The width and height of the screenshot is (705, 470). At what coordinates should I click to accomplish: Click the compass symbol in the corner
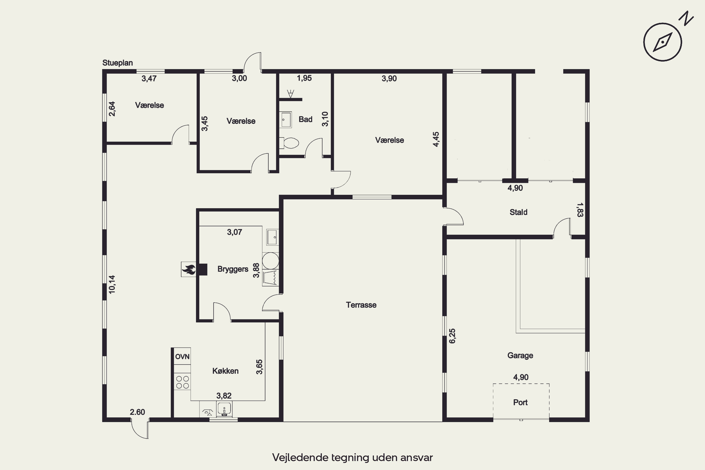[x=662, y=42]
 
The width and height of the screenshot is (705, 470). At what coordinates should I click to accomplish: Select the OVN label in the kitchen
[x=182, y=357]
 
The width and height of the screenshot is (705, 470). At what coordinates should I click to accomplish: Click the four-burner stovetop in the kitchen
[x=183, y=382]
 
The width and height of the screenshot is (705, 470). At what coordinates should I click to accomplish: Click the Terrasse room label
[x=361, y=305]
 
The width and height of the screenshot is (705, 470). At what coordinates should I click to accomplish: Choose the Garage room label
[x=520, y=356]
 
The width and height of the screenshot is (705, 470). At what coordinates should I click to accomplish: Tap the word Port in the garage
[x=520, y=402]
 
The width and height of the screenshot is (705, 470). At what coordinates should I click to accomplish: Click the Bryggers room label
[x=233, y=269]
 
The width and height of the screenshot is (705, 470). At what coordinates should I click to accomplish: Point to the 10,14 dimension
[x=112, y=284]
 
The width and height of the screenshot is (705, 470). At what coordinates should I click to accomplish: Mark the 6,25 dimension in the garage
[x=452, y=336]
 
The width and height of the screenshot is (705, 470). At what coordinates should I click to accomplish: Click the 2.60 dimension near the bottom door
[x=137, y=412]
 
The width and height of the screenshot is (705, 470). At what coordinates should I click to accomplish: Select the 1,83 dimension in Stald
[x=580, y=210]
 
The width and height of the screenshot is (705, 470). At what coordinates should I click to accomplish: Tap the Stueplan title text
[x=117, y=63]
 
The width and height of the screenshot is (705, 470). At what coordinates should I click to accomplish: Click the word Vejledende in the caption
[x=300, y=457]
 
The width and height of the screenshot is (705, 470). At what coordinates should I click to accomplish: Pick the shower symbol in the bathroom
[x=290, y=94]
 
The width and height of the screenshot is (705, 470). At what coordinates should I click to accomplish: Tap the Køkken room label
[x=225, y=371]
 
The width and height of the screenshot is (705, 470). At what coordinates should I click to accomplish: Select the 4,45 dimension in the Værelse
[x=436, y=139]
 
